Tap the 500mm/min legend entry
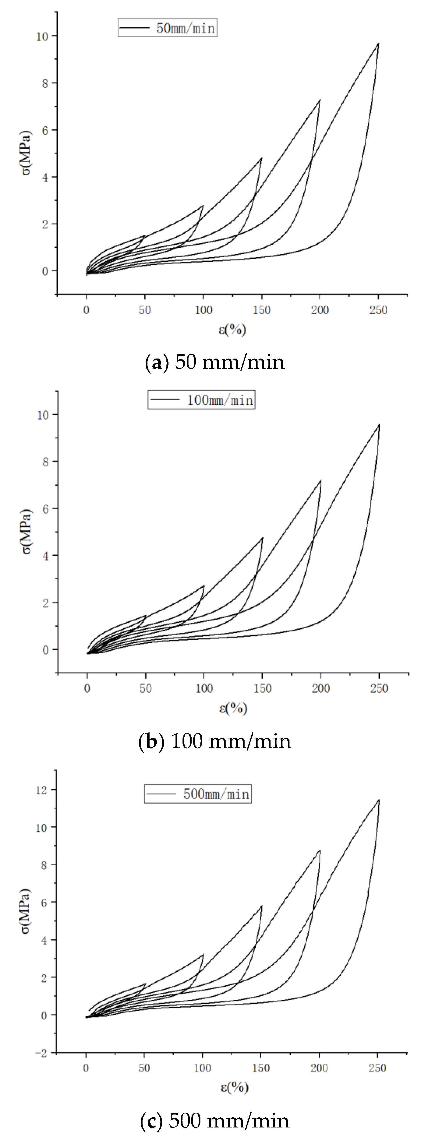198,793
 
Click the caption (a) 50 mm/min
215,362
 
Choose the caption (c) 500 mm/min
215,1120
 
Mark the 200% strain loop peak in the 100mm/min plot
320,480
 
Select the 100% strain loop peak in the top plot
203,206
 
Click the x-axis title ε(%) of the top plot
232,329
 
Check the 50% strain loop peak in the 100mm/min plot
145,616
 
